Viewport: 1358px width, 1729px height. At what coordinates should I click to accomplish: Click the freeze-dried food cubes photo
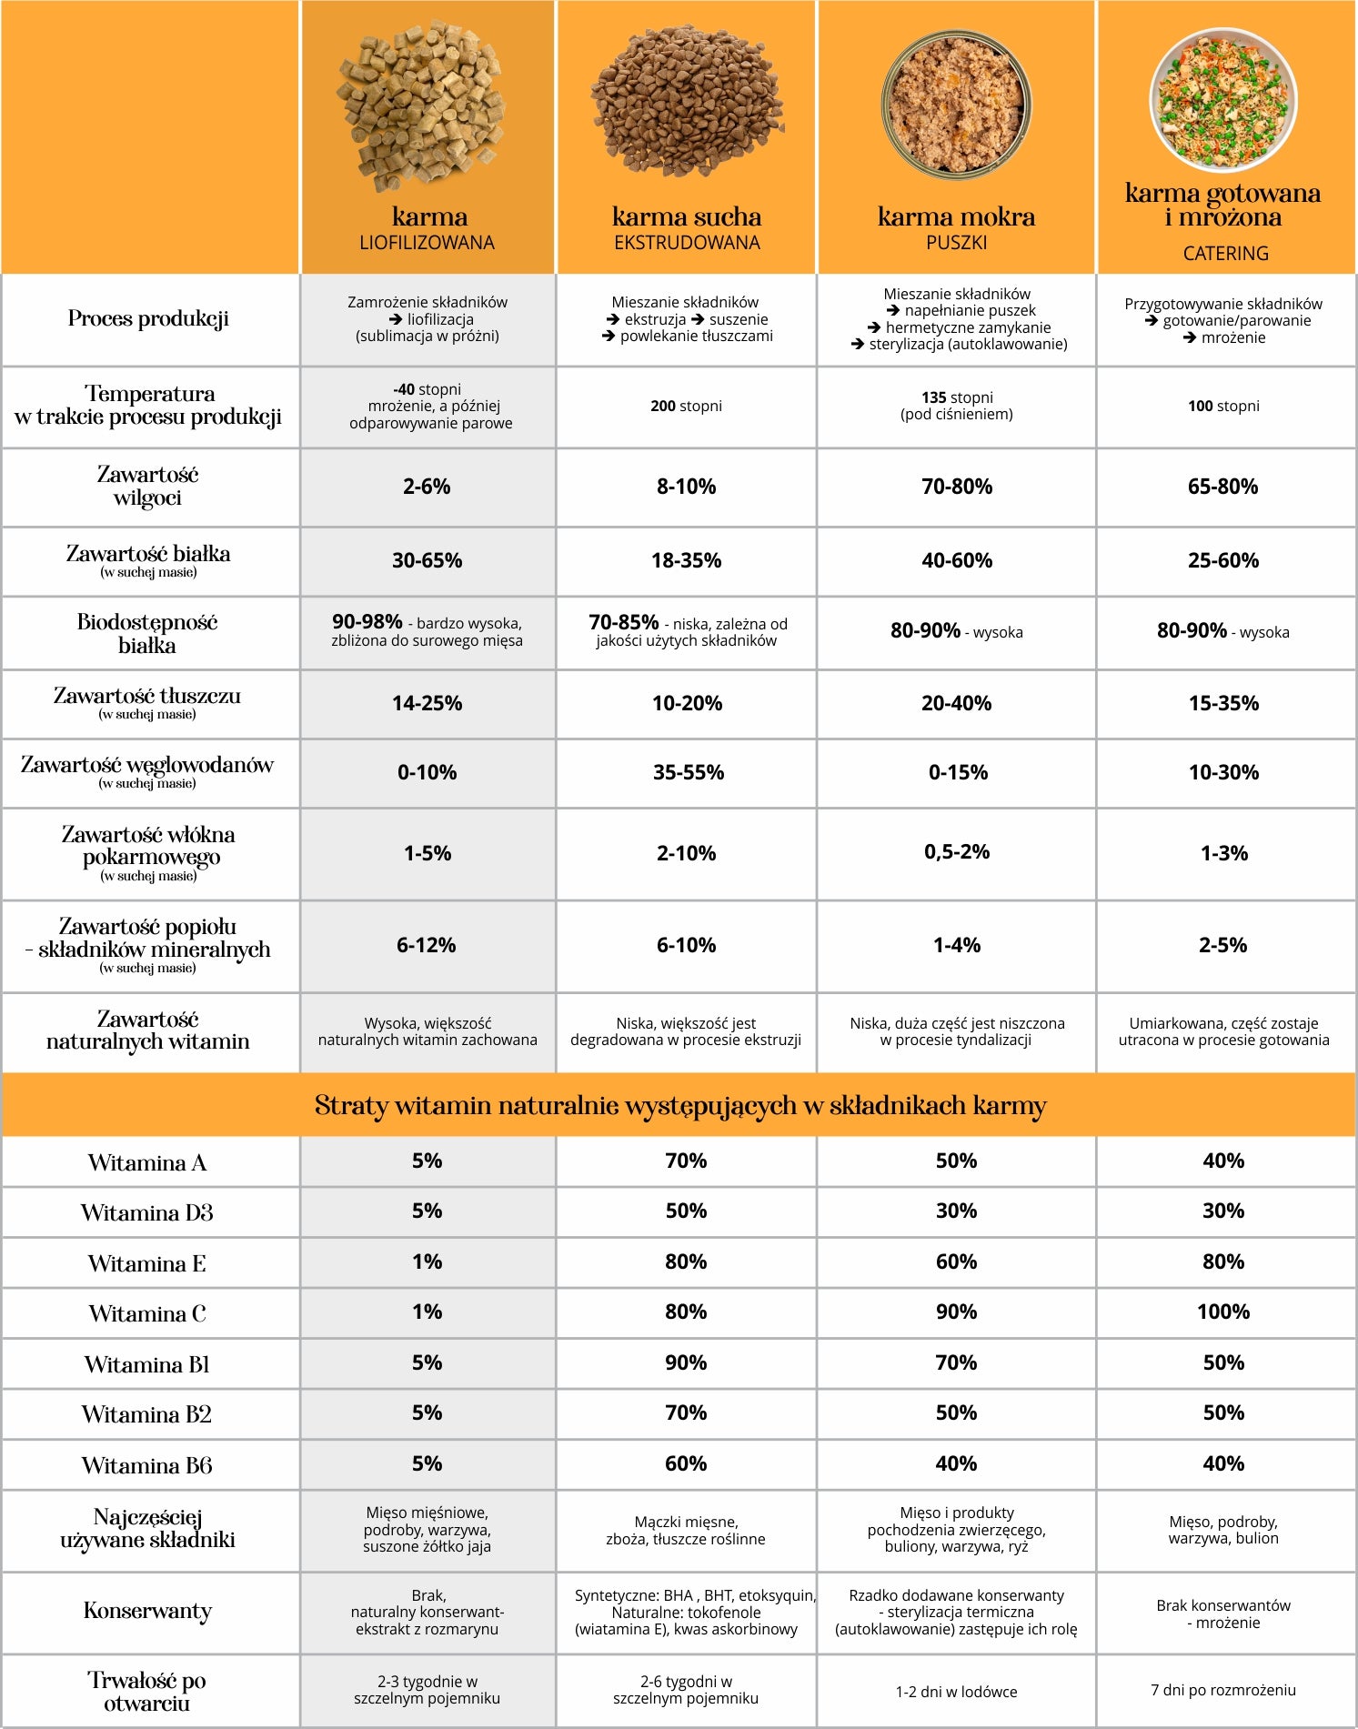pyautogui.click(x=422, y=107)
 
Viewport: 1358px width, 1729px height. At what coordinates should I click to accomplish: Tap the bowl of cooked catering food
pyautogui.click(x=1223, y=100)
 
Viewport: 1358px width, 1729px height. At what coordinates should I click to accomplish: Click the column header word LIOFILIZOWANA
pyautogui.click(x=427, y=243)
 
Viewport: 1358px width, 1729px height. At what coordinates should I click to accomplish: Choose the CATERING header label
pyautogui.click(x=1225, y=254)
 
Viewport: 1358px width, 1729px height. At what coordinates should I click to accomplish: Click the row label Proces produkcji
pyautogui.click(x=148, y=319)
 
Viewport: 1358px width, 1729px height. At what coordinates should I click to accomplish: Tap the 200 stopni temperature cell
pyautogui.click(x=686, y=406)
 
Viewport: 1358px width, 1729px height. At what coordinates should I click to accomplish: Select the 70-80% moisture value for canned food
pyautogui.click(x=957, y=487)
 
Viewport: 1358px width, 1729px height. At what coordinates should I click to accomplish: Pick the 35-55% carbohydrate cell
pyautogui.click(x=689, y=772)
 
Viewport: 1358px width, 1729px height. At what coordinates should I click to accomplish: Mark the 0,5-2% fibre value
pyautogui.click(x=957, y=852)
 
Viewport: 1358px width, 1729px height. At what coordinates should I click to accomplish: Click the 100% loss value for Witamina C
pyautogui.click(x=1223, y=1312)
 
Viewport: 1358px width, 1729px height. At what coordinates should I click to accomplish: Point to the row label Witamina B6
pyautogui.click(x=147, y=1465)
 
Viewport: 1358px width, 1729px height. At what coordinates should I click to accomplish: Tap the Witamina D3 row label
pyautogui.click(x=147, y=1213)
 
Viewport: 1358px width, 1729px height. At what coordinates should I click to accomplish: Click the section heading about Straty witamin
pyautogui.click(x=680, y=1106)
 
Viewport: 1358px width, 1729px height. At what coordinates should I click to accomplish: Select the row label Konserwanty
pyautogui.click(x=147, y=1612)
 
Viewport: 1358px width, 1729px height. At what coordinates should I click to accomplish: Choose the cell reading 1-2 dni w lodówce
pyautogui.click(x=957, y=1692)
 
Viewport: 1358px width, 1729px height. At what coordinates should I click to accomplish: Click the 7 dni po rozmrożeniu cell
pyautogui.click(x=1223, y=1690)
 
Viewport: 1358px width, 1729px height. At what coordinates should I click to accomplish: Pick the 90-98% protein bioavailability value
pyautogui.click(x=367, y=622)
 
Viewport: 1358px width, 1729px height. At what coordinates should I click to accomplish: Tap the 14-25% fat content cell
pyautogui.click(x=427, y=703)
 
